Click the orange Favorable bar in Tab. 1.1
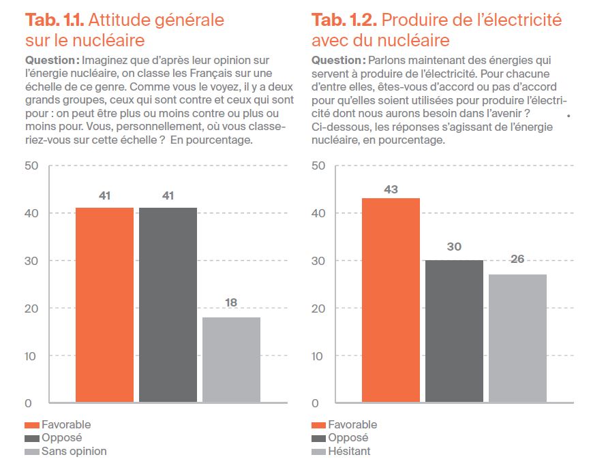pos(104,305)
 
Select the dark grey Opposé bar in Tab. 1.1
pos(168,305)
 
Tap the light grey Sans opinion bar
pos(231,360)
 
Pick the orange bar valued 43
pos(391,300)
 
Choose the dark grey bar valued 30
pos(454,331)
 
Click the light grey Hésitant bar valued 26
pos(517,339)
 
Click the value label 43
pos(391,189)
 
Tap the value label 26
pos(517,259)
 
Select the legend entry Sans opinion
pos(74,451)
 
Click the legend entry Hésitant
pos(350,451)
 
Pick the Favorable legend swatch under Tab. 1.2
pos(318,426)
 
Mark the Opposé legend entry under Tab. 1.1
pos(62,438)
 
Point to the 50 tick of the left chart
pos(32,166)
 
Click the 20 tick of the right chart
pos(318,308)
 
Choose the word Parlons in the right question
pos(387,60)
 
